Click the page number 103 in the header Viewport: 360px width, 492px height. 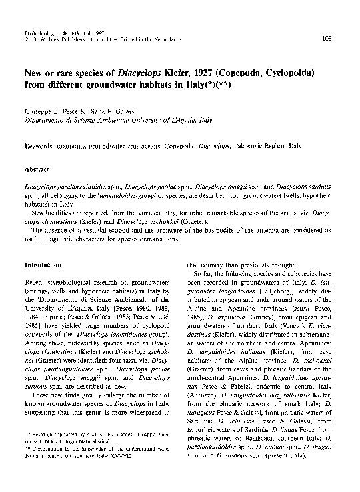pos(345,39)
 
